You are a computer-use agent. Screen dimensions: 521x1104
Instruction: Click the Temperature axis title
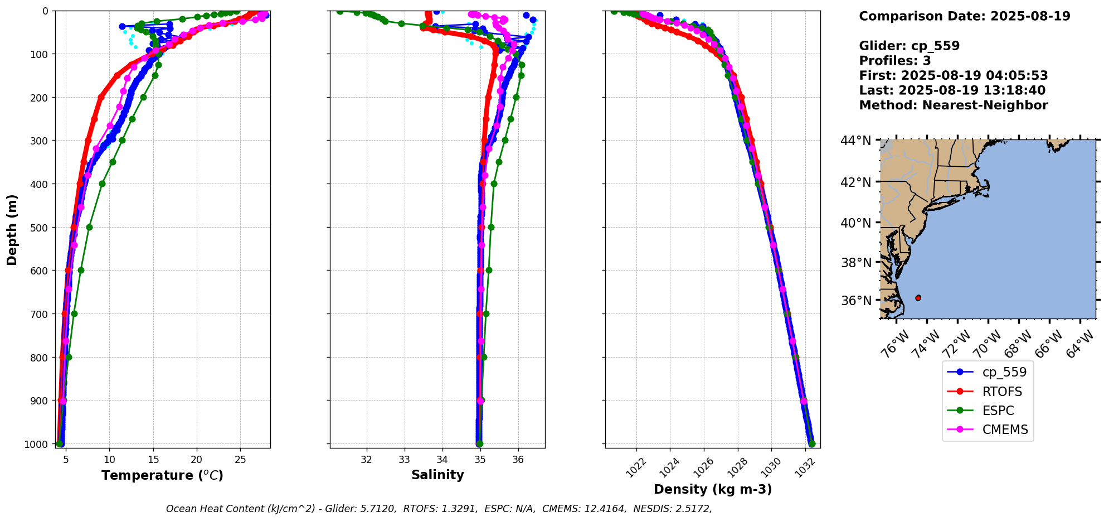(162, 475)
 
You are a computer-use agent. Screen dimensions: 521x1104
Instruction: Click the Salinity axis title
(437, 475)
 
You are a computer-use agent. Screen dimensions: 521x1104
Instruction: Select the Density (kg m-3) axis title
(713, 489)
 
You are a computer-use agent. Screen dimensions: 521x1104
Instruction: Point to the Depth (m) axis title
(12, 229)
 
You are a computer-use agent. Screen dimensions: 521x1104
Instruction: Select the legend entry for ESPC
(998, 411)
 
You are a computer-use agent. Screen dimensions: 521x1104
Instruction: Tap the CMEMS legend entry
(1005, 430)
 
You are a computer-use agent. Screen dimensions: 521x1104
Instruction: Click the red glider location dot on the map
(918, 298)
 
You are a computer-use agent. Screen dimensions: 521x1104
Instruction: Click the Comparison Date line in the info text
(964, 16)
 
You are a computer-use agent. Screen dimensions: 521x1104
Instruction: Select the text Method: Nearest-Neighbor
(953, 105)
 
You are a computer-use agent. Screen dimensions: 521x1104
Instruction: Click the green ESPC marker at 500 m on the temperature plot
(89, 227)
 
